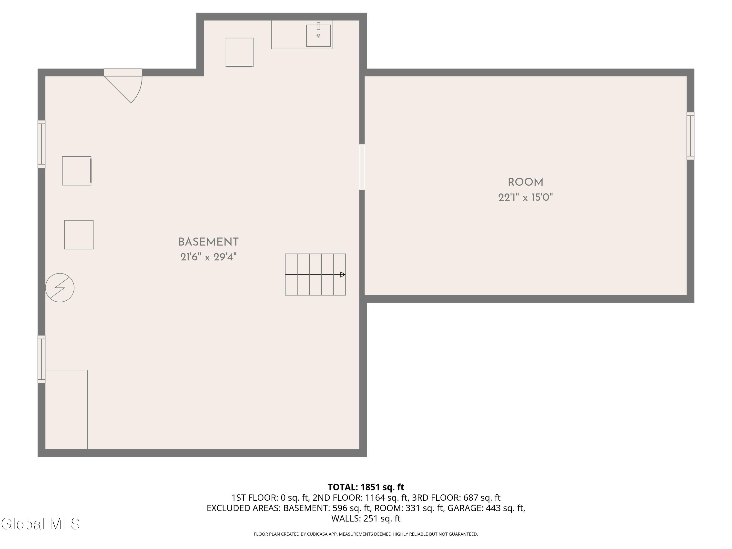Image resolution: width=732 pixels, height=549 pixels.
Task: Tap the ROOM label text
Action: tap(526, 182)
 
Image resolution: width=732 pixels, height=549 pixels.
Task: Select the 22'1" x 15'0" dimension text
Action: tap(526, 198)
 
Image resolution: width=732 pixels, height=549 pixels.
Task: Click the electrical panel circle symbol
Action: tap(60, 288)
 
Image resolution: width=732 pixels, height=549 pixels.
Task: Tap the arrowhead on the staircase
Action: tap(343, 274)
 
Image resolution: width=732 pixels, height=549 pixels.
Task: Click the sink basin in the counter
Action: tap(318, 35)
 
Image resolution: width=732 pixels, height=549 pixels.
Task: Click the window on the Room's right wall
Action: tap(690, 136)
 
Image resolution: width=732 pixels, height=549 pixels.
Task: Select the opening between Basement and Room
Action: tap(362, 167)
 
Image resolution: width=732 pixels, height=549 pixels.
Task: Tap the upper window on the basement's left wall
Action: tap(41, 144)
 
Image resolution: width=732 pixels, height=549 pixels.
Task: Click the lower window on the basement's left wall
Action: tap(41, 359)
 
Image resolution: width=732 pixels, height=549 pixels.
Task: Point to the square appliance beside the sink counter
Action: tap(239, 52)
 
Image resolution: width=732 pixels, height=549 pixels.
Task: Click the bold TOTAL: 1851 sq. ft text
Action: tap(366, 487)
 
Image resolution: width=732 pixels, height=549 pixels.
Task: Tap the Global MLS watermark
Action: tap(40, 524)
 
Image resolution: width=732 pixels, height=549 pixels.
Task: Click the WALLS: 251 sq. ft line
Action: tap(366, 518)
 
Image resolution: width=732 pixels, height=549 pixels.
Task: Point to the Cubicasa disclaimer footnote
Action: tap(366, 534)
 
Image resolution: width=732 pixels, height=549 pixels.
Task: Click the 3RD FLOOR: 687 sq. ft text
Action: tap(456, 498)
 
